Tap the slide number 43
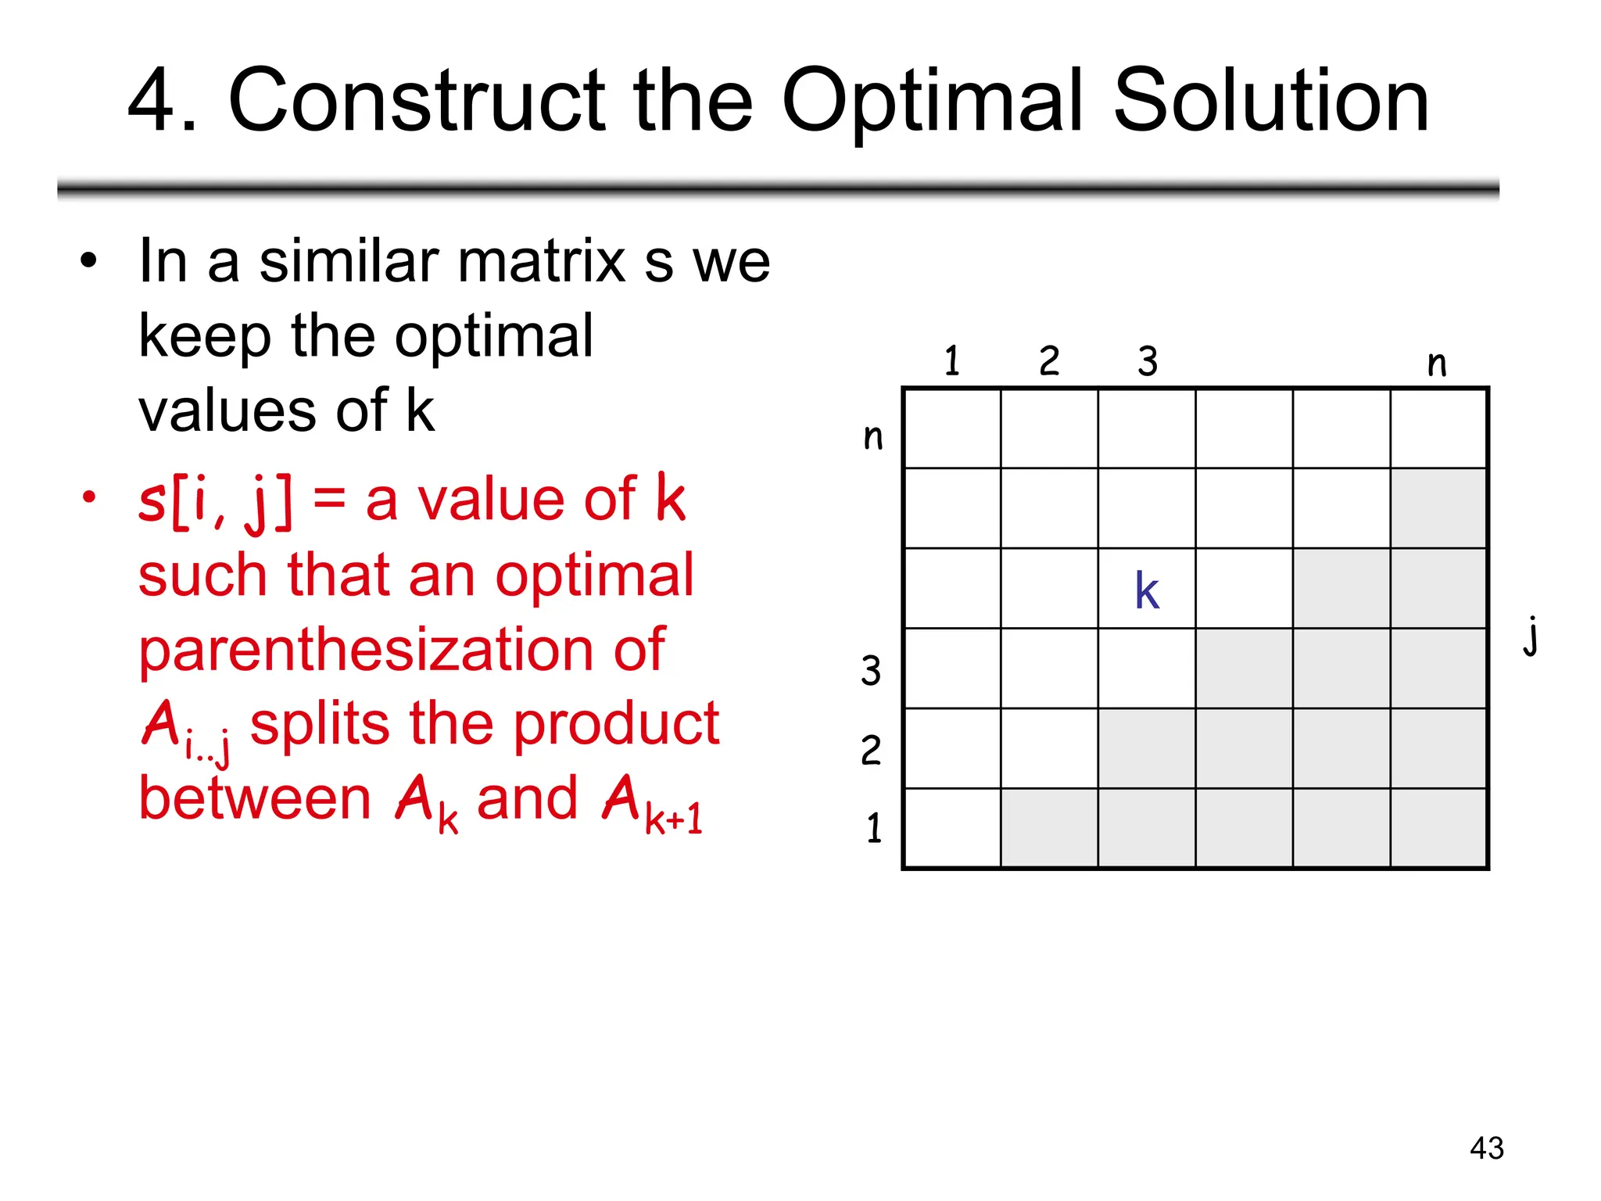tap(1486, 1148)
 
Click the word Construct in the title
tap(416, 102)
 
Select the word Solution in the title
tap(1270, 102)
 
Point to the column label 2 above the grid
tap(1049, 361)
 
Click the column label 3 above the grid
tap(1147, 361)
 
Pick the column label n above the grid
tap(1437, 364)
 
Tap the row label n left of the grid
tap(873, 436)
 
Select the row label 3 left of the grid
tap(871, 671)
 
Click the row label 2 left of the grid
tap(871, 751)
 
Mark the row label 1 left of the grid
tap(874, 828)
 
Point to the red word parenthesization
tap(401, 651)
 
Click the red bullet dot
tap(90, 497)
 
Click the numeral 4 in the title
tap(153, 102)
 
